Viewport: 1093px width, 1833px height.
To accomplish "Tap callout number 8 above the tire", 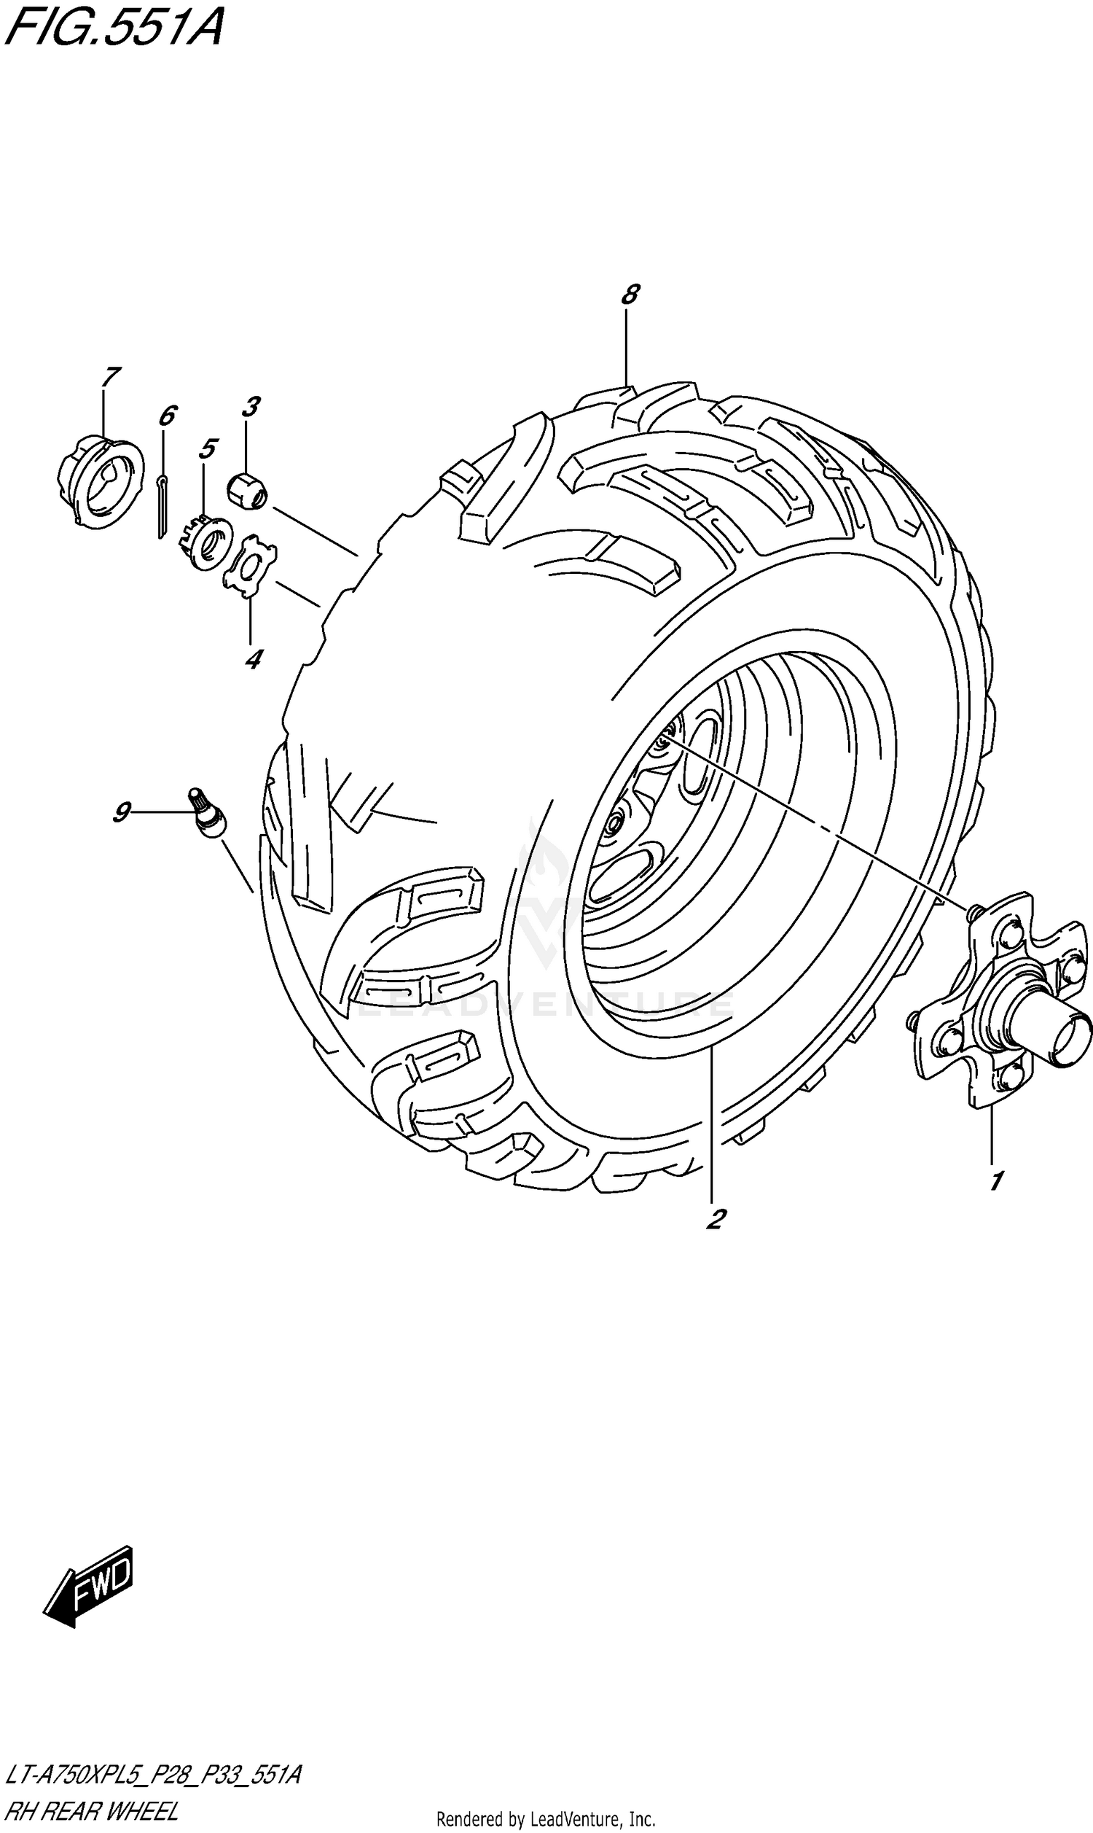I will (x=629, y=295).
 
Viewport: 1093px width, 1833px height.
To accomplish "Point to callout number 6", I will (x=167, y=416).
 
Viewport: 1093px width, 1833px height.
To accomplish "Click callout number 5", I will (x=208, y=448).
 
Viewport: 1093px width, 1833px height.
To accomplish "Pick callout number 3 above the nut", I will (x=251, y=407).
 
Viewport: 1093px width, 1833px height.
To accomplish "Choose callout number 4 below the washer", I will (x=253, y=658).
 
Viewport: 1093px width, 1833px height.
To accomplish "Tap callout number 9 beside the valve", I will (x=122, y=812).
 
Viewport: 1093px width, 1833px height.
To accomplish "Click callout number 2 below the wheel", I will (x=714, y=1218).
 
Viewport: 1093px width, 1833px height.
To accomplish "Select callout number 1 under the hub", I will (x=995, y=1181).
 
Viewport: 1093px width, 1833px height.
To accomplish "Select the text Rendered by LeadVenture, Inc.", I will (x=546, y=1816).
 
